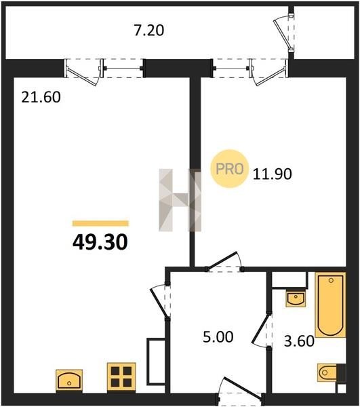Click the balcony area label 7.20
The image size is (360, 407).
pyautogui.click(x=149, y=30)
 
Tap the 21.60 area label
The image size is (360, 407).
pyautogui.click(x=41, y=97)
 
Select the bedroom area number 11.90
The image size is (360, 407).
pyautogui.click(x=273, y=174)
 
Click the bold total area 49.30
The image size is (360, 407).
pyautogui.click(x=100, y=242)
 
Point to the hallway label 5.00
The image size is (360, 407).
pyautogui.click(x=218, y=337)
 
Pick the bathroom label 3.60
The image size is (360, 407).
pyautogui.click(x=299, y=341)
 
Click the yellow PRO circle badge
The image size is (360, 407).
pyautogui.click(x=230, y=169)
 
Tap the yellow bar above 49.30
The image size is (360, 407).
pyautogui.click(x=100, y=223)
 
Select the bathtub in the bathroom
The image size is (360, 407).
pyautogui.click(x=330, y=305)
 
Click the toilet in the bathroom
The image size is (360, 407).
pyautogui.click(x=329, y=372)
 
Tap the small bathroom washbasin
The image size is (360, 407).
pyautogui.click(x=296, y=298)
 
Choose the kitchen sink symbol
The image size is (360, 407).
pyautogui.click(x=69, y=380)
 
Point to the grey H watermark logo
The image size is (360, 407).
pyautogui.click(x=180, y=200)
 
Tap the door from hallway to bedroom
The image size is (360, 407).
pyautogui.click(x=225, y=262)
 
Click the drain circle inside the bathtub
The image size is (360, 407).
pyautogui.click(x=331, y=280)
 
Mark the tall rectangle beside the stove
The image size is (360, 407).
pyautogui.click(x=156, y=362)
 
